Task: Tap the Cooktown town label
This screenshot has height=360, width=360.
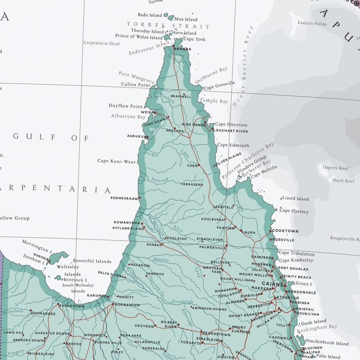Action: (x=285, y=231)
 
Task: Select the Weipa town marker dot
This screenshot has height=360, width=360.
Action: (x=154, y=112)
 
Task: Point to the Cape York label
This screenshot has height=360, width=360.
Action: (x=194, y=39)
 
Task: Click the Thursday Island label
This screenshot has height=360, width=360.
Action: (x=147, y=31)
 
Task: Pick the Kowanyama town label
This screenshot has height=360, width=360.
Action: (x=126, y=223)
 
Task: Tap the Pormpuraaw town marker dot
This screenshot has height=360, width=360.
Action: (x=140, y=198)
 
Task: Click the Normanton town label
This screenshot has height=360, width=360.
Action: (x=127, y=305)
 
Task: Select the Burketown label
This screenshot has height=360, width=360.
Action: (x=72, y=306)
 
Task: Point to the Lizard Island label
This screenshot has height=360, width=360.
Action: (x=295, y=199)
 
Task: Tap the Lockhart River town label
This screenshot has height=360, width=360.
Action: (x=231, y=131)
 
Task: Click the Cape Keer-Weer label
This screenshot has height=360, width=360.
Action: (x=117, y=161)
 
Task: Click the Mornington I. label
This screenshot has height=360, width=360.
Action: (x=37, y=246)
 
